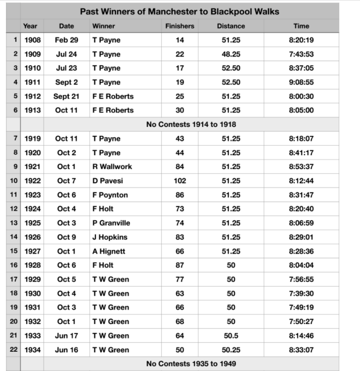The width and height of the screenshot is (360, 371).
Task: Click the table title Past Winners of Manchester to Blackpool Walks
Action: coord(180,11)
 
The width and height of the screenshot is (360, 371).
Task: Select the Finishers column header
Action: coord(180,26)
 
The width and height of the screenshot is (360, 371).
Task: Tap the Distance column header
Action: coord(231,26)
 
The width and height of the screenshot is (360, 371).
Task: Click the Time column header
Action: coord(301,26)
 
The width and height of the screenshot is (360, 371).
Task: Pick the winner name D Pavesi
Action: coord(107,181)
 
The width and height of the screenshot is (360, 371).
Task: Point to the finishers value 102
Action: coord(180,181)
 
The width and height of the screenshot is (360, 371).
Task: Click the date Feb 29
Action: coord(66,40)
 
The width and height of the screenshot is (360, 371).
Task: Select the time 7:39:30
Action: coord(301,293)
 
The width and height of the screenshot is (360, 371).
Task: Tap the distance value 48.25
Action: coord(231,54)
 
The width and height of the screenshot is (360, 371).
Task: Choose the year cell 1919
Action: coord(32,139)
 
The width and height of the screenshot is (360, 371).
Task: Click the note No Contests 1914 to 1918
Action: coord(191,124)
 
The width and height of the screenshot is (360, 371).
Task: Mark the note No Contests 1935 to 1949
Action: coord(191,364)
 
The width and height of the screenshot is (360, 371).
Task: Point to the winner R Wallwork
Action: coord(112,166)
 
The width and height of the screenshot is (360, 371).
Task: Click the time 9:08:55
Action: coord(301,82)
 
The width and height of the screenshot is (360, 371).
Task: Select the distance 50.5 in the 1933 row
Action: coord(231,336)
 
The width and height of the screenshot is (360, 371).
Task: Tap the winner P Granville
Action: coord(112,223)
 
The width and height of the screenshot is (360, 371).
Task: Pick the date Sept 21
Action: coord(66,96)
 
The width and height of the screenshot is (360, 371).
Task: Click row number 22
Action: coord(14,350)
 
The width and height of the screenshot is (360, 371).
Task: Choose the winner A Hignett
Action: coord(109,251)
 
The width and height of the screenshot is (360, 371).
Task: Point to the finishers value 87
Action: coord(180,265)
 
